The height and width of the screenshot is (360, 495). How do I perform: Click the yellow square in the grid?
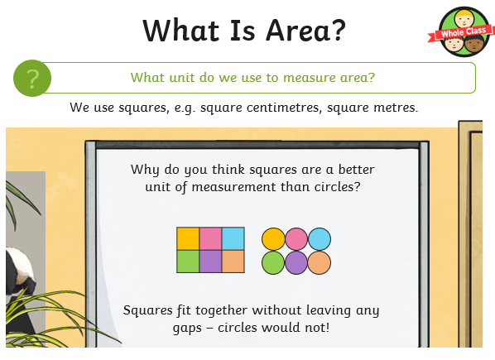coord(188,238)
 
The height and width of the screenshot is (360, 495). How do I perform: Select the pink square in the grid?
coord(210,238)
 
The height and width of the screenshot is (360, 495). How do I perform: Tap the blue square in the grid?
coord(233,238)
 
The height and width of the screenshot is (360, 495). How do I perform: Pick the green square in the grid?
coord(188,262)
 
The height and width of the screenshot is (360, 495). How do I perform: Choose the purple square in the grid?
coord(210,262)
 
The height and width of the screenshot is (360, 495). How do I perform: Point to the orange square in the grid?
coord(233,262)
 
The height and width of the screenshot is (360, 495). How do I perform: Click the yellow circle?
coord(273,239)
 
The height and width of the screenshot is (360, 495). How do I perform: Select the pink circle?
coord(296,239)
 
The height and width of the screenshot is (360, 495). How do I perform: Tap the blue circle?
coord(320,239)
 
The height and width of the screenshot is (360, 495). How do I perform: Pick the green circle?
coord(273,262)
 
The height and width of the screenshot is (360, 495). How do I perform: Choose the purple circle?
coord(296,262)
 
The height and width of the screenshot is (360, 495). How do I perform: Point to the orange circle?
coord(320,262)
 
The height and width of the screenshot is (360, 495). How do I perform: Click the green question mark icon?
coord(32,78)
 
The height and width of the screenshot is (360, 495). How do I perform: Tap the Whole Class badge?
coord(462,32)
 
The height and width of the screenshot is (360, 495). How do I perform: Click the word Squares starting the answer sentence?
coord(147,311)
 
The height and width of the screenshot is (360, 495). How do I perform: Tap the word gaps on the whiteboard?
coord(187,329)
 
